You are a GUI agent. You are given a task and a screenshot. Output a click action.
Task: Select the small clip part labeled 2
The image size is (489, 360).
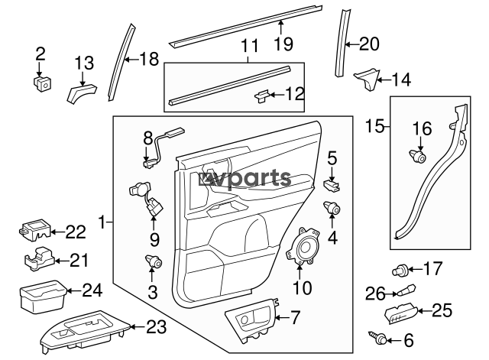[41, 82]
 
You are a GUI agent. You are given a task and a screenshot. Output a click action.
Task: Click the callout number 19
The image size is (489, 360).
[283, 44]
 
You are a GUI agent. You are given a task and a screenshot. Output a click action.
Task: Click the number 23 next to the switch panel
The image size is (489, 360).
[155, 327]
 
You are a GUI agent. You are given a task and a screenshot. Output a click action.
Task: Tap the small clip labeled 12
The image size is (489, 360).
[262, 96]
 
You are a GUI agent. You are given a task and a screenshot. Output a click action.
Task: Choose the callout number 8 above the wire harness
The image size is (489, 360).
[149, 138]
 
